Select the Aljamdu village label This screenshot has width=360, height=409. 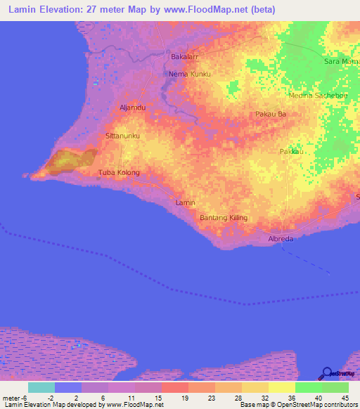coord(132,107)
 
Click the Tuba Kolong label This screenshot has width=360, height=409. coord(119,172)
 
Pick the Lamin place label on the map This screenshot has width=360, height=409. coord(184,202)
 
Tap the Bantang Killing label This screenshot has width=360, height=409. coord(224,218)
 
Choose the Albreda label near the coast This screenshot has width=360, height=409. coord(280,239)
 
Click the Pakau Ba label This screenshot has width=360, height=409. coord(270,113)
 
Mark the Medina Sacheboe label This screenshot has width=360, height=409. coord(314,94)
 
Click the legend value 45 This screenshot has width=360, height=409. coord(344,398)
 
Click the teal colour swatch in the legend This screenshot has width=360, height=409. coord(41,387)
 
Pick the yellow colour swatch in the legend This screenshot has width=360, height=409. coord(281,387)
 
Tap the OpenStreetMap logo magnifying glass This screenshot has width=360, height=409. coord(328,373)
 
